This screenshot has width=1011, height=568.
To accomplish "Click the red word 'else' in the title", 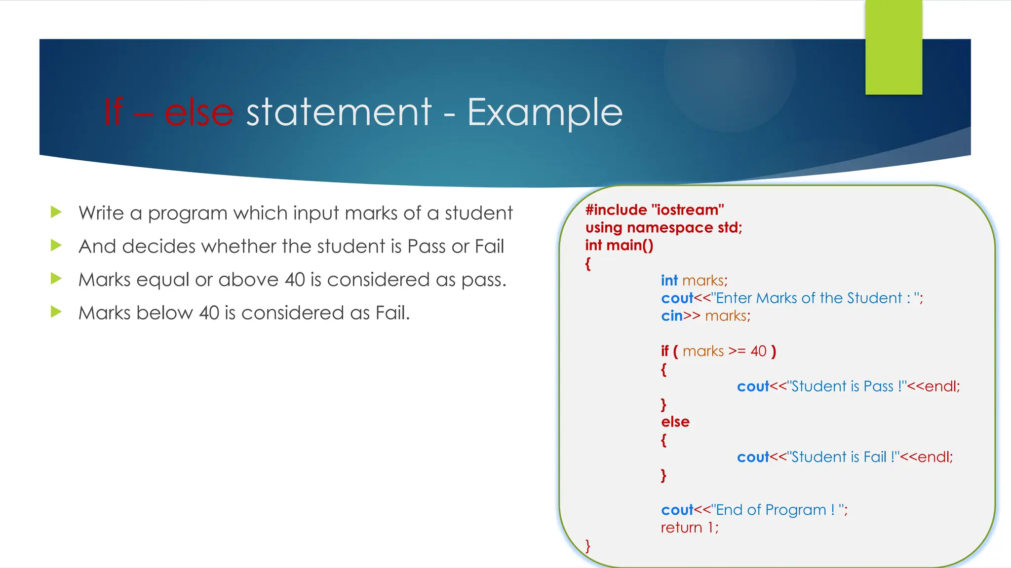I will [x=198, y=112].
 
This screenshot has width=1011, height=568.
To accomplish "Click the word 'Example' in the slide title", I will [x=544, y=112].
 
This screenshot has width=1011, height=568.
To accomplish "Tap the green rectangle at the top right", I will [x=894, y=47].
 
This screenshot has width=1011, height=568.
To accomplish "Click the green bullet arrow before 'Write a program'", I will [x=56, y=213].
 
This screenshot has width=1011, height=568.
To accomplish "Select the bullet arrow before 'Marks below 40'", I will [x=56, y=312].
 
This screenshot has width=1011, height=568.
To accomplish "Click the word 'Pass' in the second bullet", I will [x=427, y=247].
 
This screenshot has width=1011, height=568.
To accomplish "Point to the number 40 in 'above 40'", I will [x=295, y=280].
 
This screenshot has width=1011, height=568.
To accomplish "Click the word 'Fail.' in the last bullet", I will [x=392, y=313].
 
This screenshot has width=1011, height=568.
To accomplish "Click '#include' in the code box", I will [x=616, y=210].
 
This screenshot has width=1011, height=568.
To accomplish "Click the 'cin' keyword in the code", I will [x=671, y=316].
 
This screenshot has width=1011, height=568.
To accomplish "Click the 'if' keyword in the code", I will [x=664, y=351].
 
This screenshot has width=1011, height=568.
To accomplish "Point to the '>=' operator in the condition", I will [x=737, y=351].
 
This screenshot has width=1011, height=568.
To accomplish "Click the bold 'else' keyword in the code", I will [x=675, y=422].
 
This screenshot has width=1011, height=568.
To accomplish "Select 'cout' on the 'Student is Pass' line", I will [x=753, y=387].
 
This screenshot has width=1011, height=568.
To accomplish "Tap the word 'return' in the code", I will [x=681, y=528].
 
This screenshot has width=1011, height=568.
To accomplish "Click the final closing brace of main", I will [x=587, y=545].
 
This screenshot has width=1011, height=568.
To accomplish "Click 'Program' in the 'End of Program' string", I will [x=795, y=510].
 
